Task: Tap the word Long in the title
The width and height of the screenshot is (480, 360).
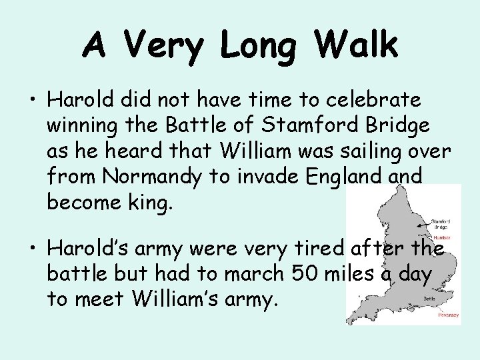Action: click(257, 45)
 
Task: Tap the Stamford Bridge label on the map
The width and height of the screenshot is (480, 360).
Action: click(441, 223)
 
